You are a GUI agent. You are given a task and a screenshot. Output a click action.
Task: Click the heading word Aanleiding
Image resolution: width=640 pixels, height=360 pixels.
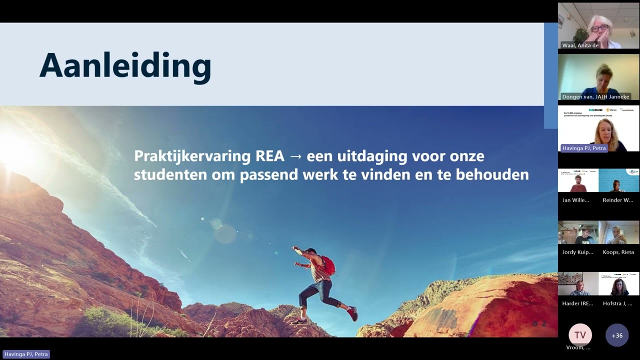coord(125,66)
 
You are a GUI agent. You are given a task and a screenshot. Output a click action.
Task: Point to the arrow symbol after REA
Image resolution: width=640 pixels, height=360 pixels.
coord(296,156)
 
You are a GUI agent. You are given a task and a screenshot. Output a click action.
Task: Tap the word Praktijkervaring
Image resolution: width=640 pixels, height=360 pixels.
coord(192,156)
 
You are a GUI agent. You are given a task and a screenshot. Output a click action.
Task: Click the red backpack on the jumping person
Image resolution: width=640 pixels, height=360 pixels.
coord(327,265)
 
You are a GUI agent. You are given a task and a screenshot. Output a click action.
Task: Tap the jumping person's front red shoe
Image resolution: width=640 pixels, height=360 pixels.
coord(352,313)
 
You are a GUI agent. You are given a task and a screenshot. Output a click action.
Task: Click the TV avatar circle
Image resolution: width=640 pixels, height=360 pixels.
coord(580,335)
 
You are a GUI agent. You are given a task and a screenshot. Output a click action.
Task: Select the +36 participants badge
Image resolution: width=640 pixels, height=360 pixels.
coord(617,335)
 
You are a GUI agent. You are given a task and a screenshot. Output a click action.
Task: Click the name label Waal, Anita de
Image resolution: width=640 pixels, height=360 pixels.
coord(580,45)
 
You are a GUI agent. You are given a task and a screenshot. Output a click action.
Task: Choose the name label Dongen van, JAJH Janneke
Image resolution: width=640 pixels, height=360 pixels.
coord(595,96)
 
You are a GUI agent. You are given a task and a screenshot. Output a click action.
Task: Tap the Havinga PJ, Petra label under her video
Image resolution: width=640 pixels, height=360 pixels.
coord(584,148)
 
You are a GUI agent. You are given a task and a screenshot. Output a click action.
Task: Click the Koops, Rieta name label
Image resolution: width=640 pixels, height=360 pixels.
coord(618,252)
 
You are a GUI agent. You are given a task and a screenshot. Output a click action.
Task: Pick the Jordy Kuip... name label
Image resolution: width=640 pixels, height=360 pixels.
coord(577,252)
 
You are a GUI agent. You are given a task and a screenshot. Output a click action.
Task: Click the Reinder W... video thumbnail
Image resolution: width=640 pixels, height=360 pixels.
coord(619,180)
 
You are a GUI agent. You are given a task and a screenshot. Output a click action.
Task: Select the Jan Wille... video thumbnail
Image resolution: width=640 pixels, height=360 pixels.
coord(578,180)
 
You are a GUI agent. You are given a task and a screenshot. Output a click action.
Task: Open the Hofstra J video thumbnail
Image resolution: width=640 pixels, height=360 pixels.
coord(619,284)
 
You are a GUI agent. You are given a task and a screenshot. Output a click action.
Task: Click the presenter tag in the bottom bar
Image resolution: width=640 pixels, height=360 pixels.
coord(26,354)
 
